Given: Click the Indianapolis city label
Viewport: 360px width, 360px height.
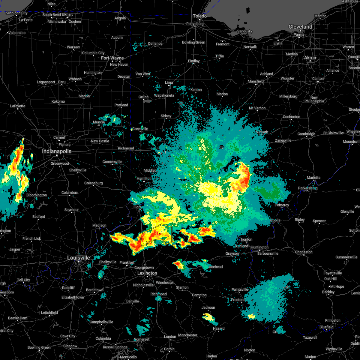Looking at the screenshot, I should point(57,151).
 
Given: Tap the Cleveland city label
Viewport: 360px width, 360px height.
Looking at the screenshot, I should point(300,27).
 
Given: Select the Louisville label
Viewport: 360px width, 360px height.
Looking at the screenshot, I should point(78,258).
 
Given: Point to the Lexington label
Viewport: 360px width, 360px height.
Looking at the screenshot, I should point(147,273).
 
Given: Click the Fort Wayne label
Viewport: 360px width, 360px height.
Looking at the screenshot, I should point(112,58).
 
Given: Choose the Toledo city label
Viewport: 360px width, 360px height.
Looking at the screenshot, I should point(200,16).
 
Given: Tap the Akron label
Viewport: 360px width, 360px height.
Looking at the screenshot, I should point(310,58).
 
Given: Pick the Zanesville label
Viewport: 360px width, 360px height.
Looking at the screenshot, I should point(283,140).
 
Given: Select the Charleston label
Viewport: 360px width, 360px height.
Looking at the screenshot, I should point(304,252).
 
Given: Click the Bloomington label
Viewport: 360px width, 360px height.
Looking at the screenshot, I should point(37,195).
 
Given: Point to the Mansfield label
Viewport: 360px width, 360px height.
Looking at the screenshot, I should point(256,81).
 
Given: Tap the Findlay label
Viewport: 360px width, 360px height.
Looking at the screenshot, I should point(194,61).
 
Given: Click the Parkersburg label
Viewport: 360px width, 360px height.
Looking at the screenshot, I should point(307,188).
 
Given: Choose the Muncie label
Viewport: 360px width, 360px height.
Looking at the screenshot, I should point(99,122).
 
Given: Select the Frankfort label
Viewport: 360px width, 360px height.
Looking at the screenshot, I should point(127,262).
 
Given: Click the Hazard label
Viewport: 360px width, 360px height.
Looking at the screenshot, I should point(219,328).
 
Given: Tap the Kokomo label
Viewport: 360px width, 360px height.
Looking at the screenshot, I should point(58,101).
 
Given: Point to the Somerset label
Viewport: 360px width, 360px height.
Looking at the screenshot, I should point(142,339).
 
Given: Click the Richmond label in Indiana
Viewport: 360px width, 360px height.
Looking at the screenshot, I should point(126,148).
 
